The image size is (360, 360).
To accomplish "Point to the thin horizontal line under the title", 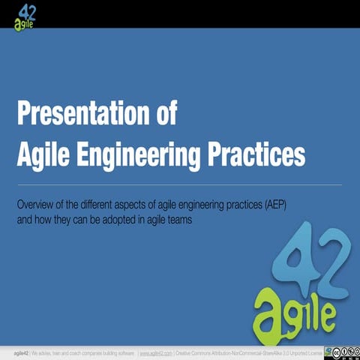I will (x=180, y=184).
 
